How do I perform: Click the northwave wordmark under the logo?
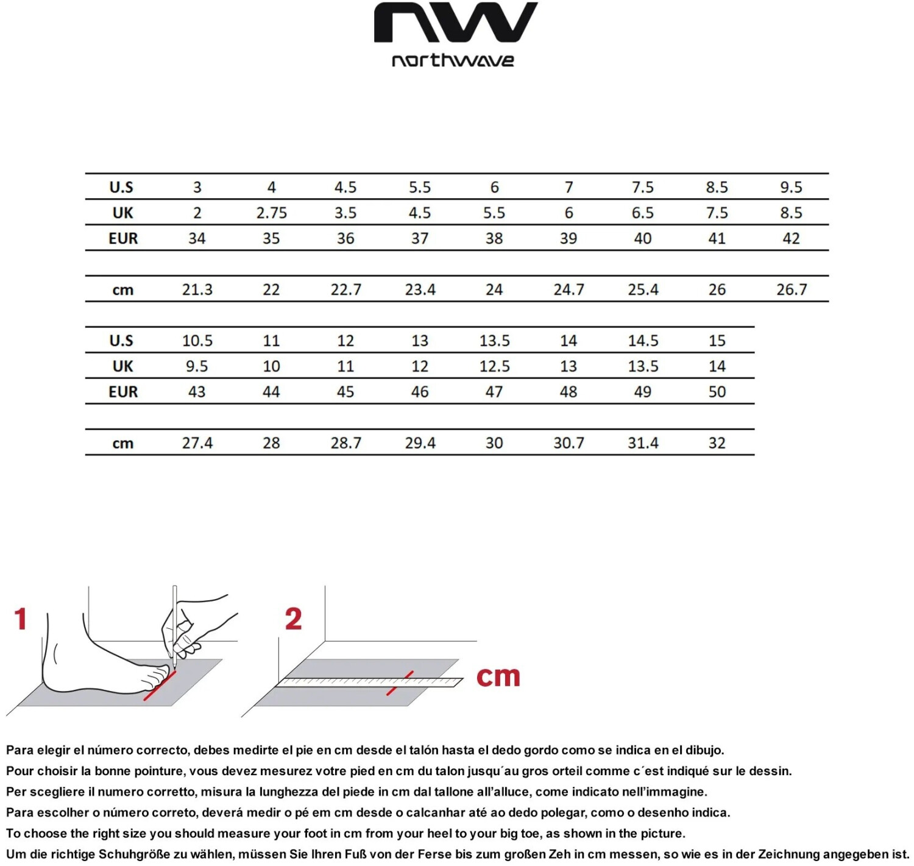pyautogui.click(x=453, y=60)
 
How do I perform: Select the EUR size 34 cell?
pyautogui.click(x=197, y=238)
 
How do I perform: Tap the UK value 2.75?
pyautogui.click(x=271, y=213)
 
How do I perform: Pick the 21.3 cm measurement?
pyautogui.click(x=197, y=289)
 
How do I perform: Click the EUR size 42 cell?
pyautogui.click(x=791, y=238)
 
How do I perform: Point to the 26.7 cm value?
pyautogui.click(x=791, y=289)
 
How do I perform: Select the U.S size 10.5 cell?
pyautogui.click(x=197, y=341)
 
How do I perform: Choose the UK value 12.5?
pyautogui.click(x=494, y=366)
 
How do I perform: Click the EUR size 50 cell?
pyautogui.click(x=717, y=392)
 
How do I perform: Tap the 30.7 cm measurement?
pyautogui.click(x=569, y=443)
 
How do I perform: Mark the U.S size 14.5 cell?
pyautogui.click(x=643, y=341)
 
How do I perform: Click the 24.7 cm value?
pyautogui.click(x=569, y=289)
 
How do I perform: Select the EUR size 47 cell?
pyautogui.click(x=494, y=392)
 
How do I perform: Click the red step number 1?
pyautogui.click(x=21, y=619)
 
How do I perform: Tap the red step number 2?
pyautogui.click(x=293, y=619)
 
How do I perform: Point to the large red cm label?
pyautogui.click(x=498, y=676)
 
